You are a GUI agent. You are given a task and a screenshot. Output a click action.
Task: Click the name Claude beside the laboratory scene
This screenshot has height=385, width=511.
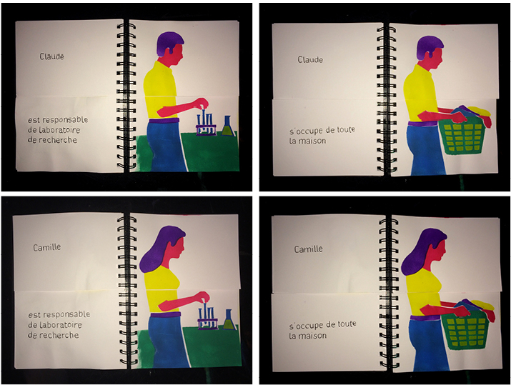coord(52,56)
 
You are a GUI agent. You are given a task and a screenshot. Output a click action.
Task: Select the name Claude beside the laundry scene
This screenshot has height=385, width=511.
coord(310,59)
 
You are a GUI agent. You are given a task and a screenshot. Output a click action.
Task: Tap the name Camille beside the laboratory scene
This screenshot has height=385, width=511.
coord(47,247)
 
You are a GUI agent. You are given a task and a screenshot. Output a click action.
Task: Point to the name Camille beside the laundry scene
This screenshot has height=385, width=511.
coord(308,249)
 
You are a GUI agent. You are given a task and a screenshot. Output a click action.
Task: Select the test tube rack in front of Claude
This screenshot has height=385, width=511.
coord(206,124)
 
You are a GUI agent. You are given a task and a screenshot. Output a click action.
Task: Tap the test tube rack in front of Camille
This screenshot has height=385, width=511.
coord(207,317)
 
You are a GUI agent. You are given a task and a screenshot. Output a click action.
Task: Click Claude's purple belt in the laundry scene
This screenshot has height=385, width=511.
coord(424,124)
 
